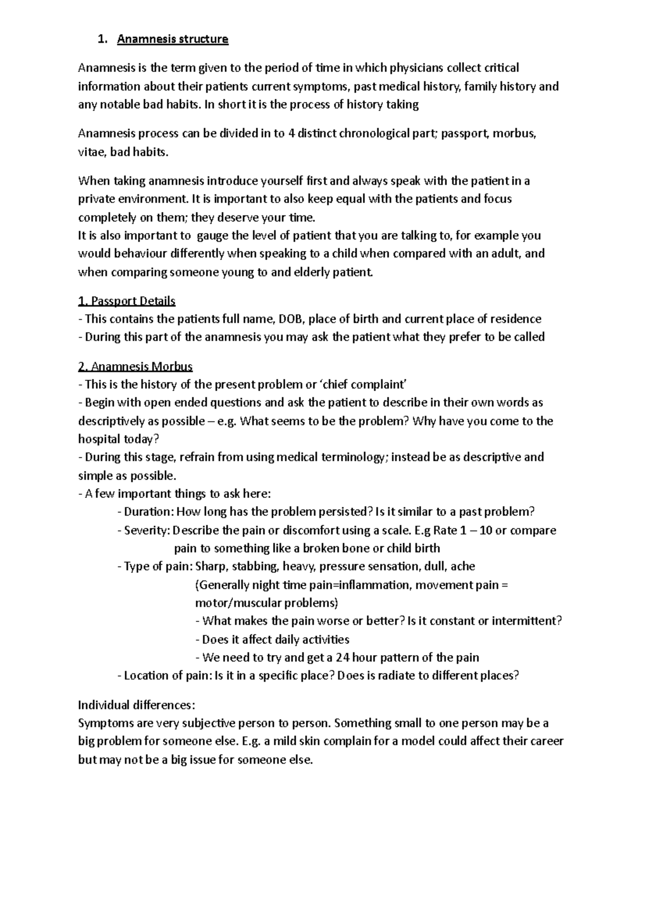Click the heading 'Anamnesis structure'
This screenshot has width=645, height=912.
pos(173,39)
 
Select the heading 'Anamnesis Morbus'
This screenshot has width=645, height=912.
pos(135,367)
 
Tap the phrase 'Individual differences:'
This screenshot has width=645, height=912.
pos(137,705)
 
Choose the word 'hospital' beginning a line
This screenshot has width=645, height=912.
pos(99,439)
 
